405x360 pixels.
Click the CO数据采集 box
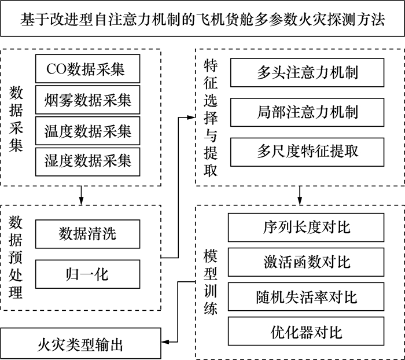click(x=87, y=69)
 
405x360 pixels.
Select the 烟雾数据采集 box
click(x=87, y=100)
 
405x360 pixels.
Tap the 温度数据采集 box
click(x=87, y=131)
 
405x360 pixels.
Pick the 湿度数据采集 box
click(x=87, y=162)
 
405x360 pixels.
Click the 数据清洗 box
click(x=87, y=234)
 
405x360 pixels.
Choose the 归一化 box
click(x=87, y=274)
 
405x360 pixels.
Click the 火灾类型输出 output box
click(x=80, y=343)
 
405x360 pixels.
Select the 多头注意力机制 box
click(x=307, y=72)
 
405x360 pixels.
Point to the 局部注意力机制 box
click(x=307, y=112)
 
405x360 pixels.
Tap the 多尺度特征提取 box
click(x=307, y=152)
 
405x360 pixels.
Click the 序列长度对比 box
click(x=306, y=227)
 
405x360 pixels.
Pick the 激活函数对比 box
click(x=306, y=262)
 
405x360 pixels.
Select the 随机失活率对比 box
click(x=306, y=297)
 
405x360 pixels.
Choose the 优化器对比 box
click(x=306, y=331)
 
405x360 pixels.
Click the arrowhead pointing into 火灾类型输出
click(x=165, y=342)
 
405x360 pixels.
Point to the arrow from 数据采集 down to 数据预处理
click(x=81, y=196)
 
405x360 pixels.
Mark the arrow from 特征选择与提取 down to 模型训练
click(x=300, y=196)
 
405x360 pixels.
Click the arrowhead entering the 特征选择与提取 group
click(x=191, y=117)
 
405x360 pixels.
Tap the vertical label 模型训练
click(x=210, y=282)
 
